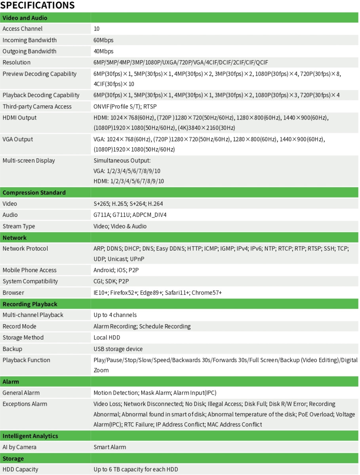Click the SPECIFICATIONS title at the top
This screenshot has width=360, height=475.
[38, 5]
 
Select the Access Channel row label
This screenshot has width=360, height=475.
[23, 28]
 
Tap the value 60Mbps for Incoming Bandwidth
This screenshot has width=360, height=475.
[103, 40]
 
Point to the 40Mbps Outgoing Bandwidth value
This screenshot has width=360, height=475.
[103, 51]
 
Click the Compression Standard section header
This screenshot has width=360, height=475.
[34, 193]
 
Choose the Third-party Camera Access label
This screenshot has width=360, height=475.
[37, 106]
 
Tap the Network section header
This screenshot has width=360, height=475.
[15, 238]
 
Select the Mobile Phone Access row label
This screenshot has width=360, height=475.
[30, 270]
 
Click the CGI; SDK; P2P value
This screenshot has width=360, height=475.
[111, 281]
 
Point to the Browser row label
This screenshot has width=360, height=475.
[13, 293]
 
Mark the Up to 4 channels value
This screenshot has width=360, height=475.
[115, 315]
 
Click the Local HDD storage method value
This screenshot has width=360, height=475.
[107, 338]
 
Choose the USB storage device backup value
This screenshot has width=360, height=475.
[118, 349]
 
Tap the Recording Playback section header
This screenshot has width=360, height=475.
[30, 304]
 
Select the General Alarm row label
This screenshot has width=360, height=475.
[21, 393]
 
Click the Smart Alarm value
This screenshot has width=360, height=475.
[110, 447]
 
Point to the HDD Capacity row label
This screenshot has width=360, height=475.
[21, 469]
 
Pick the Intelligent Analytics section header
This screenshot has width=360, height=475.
[30, 436]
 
